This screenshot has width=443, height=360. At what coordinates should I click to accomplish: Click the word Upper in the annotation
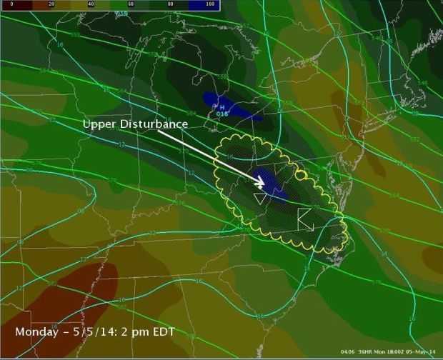coord(98,124)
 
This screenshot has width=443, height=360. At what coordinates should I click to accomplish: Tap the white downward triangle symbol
coord(261,198)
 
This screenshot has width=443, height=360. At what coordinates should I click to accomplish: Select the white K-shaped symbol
coord(306,219)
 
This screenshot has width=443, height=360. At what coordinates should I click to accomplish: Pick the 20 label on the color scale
coord(50,4)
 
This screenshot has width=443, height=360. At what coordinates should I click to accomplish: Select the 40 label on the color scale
coord(90,4)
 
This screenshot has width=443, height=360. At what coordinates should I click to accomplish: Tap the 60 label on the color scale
coord(130,4)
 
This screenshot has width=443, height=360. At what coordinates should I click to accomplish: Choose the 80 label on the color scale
coord(170,4)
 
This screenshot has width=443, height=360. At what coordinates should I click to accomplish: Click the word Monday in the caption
coord(38,333)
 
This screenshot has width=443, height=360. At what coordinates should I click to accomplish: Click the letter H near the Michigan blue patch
coord(222,107)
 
